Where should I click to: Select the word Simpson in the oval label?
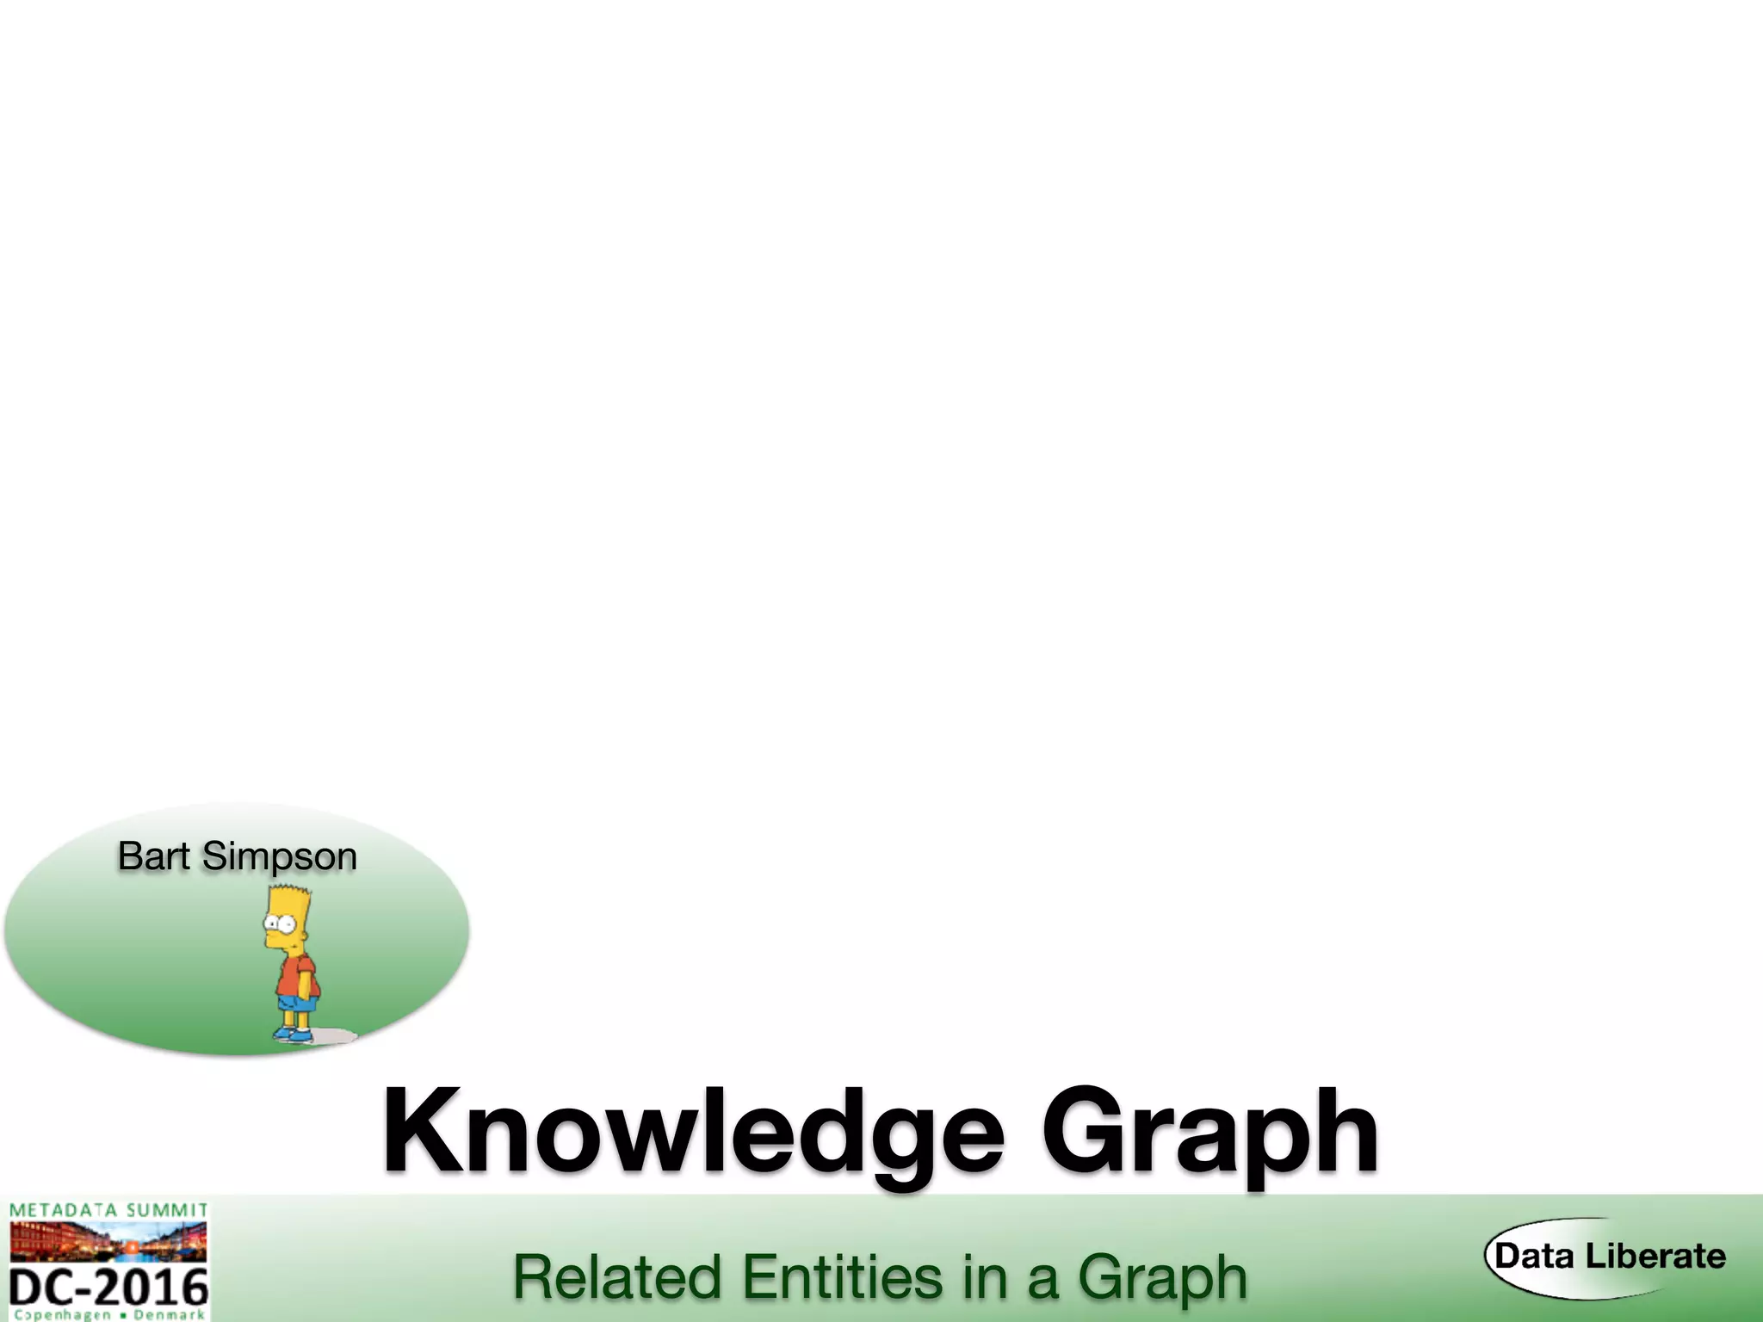280,857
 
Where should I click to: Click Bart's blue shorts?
297,1003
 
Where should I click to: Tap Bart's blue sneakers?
293,1035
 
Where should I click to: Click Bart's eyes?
278,924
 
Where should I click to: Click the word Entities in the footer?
844,1277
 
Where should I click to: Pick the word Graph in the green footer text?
1162,1279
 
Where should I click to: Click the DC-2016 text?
109,1288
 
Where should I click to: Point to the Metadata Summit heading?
108,1210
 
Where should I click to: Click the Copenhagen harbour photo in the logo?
108,1241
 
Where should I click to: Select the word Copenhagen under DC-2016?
63,1314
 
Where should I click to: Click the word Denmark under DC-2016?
169,1314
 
